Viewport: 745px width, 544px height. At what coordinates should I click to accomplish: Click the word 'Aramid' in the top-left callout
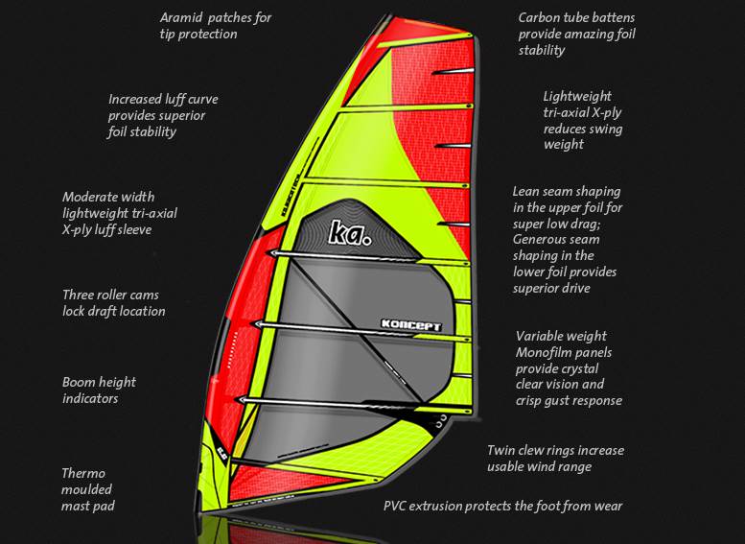click(182, 17)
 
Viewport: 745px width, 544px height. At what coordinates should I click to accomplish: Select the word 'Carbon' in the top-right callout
click(540, 17)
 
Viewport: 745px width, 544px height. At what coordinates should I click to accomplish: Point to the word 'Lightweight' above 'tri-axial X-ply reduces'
click(577, 96)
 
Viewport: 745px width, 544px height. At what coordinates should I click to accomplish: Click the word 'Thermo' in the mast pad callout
click(83, 473)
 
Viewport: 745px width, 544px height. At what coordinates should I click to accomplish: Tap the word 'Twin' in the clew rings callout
click(501, 450)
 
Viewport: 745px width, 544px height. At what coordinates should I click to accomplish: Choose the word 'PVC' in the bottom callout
click(397, 506)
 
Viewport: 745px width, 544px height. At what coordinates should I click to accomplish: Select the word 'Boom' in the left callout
click(80, 382)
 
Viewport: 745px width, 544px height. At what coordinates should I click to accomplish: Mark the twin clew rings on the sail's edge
click(440, 419)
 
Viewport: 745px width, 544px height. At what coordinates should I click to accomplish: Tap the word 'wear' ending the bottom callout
click(607, 506)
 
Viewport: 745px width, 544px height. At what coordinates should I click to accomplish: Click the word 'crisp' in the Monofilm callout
click(531, 400)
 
